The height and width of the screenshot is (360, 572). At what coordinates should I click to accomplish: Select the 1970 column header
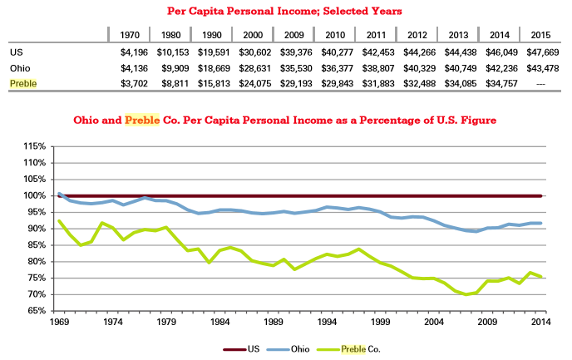pyautogui.click(x=130, y=36)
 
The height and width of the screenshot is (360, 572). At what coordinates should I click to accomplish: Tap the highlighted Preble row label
pyautogui.click(x=23, y=84)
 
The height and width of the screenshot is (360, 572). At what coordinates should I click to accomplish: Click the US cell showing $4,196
pyautogui.click(x=130, y=52)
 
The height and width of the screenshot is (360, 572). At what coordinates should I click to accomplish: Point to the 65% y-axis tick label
pyautogui.click(x=35, y=311)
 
